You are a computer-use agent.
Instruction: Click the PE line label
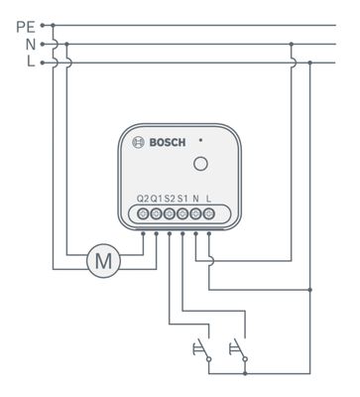coord(26,27)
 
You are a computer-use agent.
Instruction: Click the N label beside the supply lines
coord(31,45)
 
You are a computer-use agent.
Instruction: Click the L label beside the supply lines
coord(31,62)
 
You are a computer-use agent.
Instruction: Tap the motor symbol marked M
coord(103,261)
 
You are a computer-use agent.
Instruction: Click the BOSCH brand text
coord(168,143)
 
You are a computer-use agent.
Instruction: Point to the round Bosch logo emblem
coord(138,143)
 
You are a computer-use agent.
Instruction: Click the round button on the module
coord(200,164)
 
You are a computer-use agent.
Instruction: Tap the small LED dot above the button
coord(200,140)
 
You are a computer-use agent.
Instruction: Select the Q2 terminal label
coord(143,198)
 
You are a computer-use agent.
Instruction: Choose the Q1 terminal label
coord(157,198)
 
